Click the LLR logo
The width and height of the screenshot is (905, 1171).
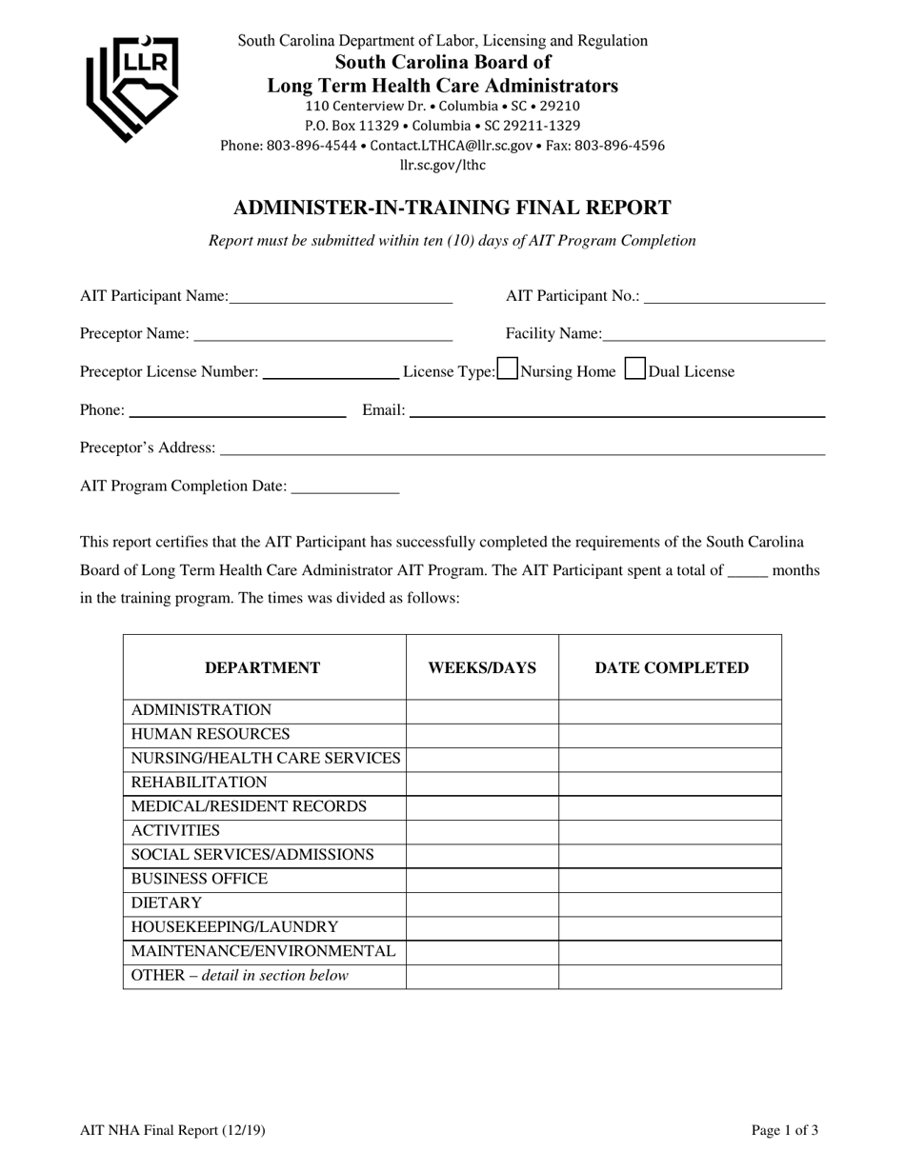(132, 87)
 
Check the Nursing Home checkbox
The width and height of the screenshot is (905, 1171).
(508, 368)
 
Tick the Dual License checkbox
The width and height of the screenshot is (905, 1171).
(634, 368)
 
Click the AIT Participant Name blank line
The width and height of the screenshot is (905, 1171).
(340, 296)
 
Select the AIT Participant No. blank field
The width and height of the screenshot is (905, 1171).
(734, 296)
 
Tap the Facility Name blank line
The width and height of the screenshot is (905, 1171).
(714, 333)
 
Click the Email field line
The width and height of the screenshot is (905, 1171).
(616, 410)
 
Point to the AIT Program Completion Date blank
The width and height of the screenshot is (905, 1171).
(345, 486)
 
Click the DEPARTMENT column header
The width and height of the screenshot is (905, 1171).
(263, 667)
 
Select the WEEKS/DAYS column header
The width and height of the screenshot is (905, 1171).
(482, 667)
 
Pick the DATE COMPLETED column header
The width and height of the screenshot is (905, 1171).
(672, 667)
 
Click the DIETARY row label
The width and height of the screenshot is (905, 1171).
(167, 903)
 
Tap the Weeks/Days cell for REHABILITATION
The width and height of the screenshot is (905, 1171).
(482, 783)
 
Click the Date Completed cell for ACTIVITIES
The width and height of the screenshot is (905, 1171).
(670, 831)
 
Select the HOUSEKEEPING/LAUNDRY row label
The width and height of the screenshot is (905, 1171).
(234, 926)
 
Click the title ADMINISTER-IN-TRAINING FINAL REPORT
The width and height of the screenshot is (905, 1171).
(452, 208)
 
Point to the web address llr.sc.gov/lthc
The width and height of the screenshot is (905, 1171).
(443, 165)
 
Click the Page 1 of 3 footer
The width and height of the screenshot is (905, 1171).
(784, 1131)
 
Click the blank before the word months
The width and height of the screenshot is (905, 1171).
(747, 571)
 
